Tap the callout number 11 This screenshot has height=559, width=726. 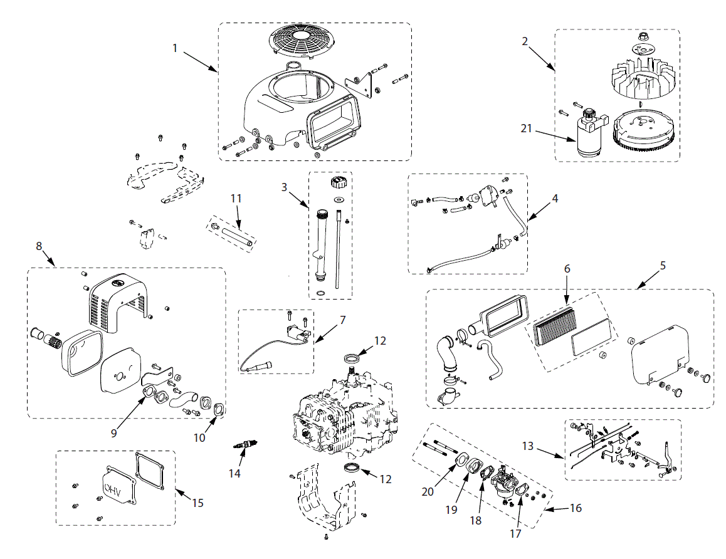click(x=236, y=198)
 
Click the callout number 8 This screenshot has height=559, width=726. click(x=39, y=246)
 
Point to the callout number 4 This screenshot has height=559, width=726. click(x=554, y=197)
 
